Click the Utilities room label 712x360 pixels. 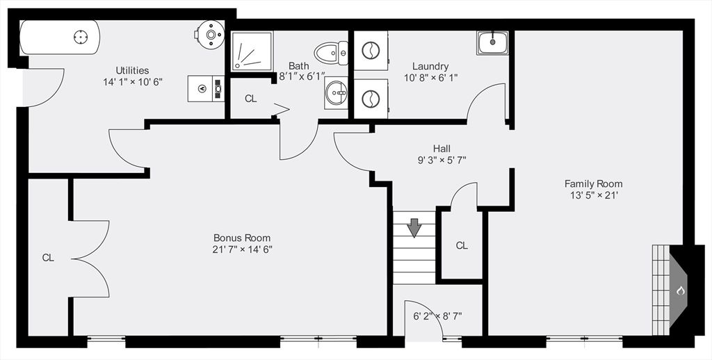click(x=132, y=70)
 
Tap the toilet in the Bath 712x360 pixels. click(x=331, y=51)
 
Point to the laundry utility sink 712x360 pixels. click(x=492, y=42)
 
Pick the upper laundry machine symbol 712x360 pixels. click(x=371, y=51)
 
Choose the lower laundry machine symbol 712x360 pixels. click(x=371, y=98)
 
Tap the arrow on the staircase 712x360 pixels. click(x=414, y=227)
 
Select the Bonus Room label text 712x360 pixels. click(x=242, y=238)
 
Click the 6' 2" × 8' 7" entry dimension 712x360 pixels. click(x=437, y=316)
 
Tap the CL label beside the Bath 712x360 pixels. click(x=250, y=99)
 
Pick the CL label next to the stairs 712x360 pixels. click(x=462, y=245)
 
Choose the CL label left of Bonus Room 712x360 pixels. click(x=48, y=258)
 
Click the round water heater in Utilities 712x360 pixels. click(x=209, y=31)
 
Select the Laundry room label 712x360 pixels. click(x=430, y=67)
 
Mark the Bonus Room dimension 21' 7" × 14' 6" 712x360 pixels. click(x=242, y=249)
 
